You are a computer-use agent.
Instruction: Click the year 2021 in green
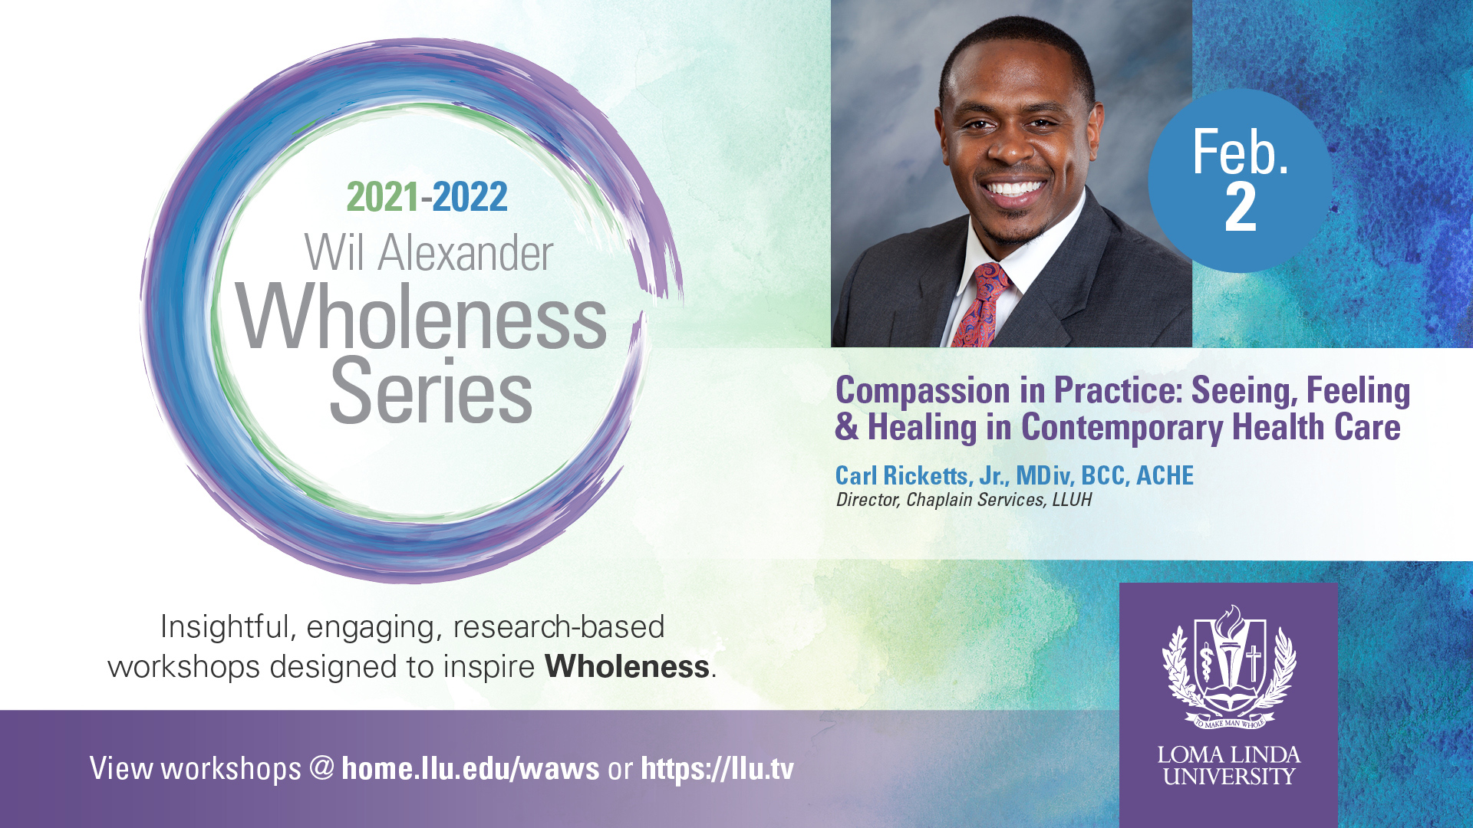[383, 197]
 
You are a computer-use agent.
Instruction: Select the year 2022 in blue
[470, 197]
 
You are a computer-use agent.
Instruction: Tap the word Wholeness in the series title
[421, 316]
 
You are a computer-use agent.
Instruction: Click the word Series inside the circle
[431, 390]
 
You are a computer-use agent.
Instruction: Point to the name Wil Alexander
[428, 253]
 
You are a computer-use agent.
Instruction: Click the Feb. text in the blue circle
[1241, 152]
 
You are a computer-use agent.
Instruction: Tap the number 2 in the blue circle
[1241, 207]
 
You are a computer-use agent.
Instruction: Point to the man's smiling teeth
[1014, 188]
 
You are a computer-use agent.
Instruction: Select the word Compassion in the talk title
[923, 392]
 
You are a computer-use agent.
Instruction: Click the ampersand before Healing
[847, 428]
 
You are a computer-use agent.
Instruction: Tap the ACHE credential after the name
[1165, 475]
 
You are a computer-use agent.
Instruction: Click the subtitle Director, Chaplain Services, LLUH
[964, 500]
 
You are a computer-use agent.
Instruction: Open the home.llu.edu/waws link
[470, 768]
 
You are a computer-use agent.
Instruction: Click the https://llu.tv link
[717, 769]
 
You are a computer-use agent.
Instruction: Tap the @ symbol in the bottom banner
[322, 768]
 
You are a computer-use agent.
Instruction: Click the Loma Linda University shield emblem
[1229, 666]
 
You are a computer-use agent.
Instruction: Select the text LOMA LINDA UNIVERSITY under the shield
[1229, 765]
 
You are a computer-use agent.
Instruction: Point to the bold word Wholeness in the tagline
[627, 666]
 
